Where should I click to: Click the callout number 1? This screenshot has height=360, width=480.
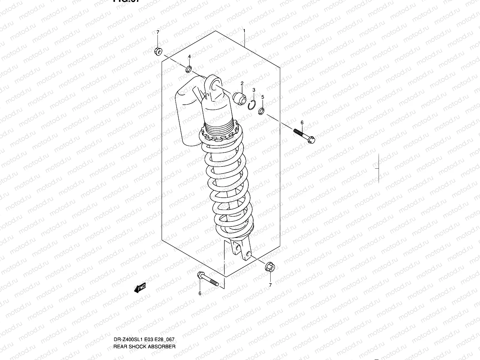click(x=244, y=31)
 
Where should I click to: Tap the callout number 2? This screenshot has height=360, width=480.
click(x=242, y=83)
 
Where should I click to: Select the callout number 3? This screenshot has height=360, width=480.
click(x=254, y=90)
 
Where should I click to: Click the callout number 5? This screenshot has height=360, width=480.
click(x=262, y=97)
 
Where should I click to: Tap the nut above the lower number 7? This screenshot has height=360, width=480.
click(x=269, y=267)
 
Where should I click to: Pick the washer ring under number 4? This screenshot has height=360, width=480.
click(x=189, y=70)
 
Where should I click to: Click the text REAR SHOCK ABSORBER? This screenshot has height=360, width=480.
click(x=144, y=321)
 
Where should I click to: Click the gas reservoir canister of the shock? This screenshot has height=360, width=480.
click(x=187, y=114)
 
